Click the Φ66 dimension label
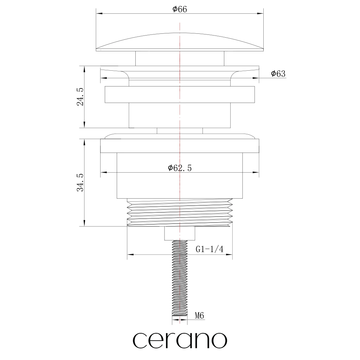180,9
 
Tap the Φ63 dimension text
278,74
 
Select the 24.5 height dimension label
80,97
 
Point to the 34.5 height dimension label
80,182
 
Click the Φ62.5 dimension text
180,168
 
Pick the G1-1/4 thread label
210,249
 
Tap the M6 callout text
200,316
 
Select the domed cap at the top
180,42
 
